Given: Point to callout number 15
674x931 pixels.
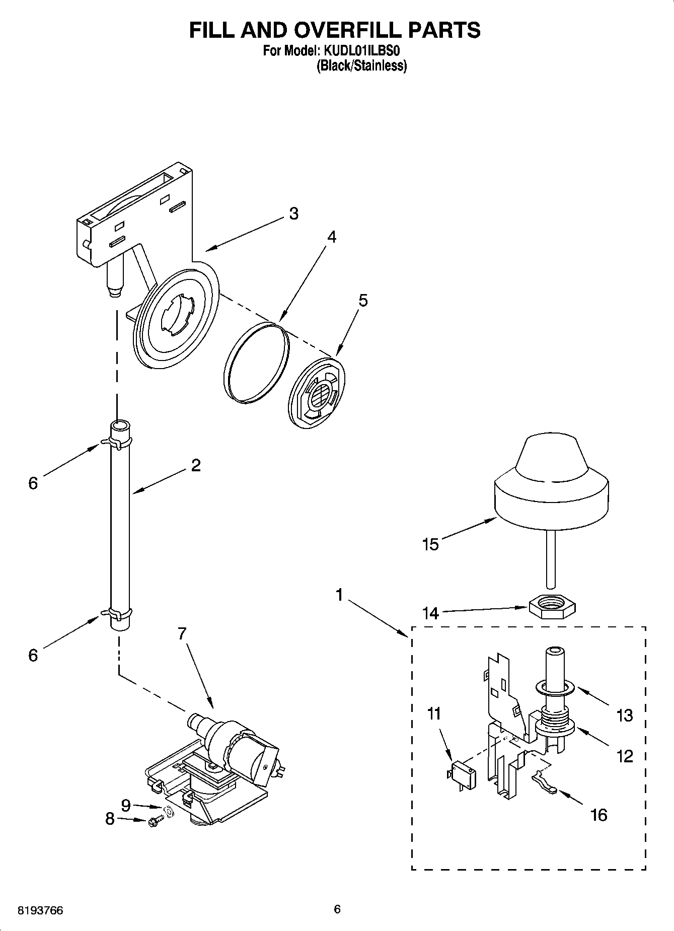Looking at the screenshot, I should click(431, 544).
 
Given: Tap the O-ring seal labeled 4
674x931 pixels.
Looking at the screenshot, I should click(257, 363).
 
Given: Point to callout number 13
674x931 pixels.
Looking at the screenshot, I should click(625, 715).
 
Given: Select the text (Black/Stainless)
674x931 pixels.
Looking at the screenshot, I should click(361, 66).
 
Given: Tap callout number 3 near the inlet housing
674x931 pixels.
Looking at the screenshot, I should click(293, 213).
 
